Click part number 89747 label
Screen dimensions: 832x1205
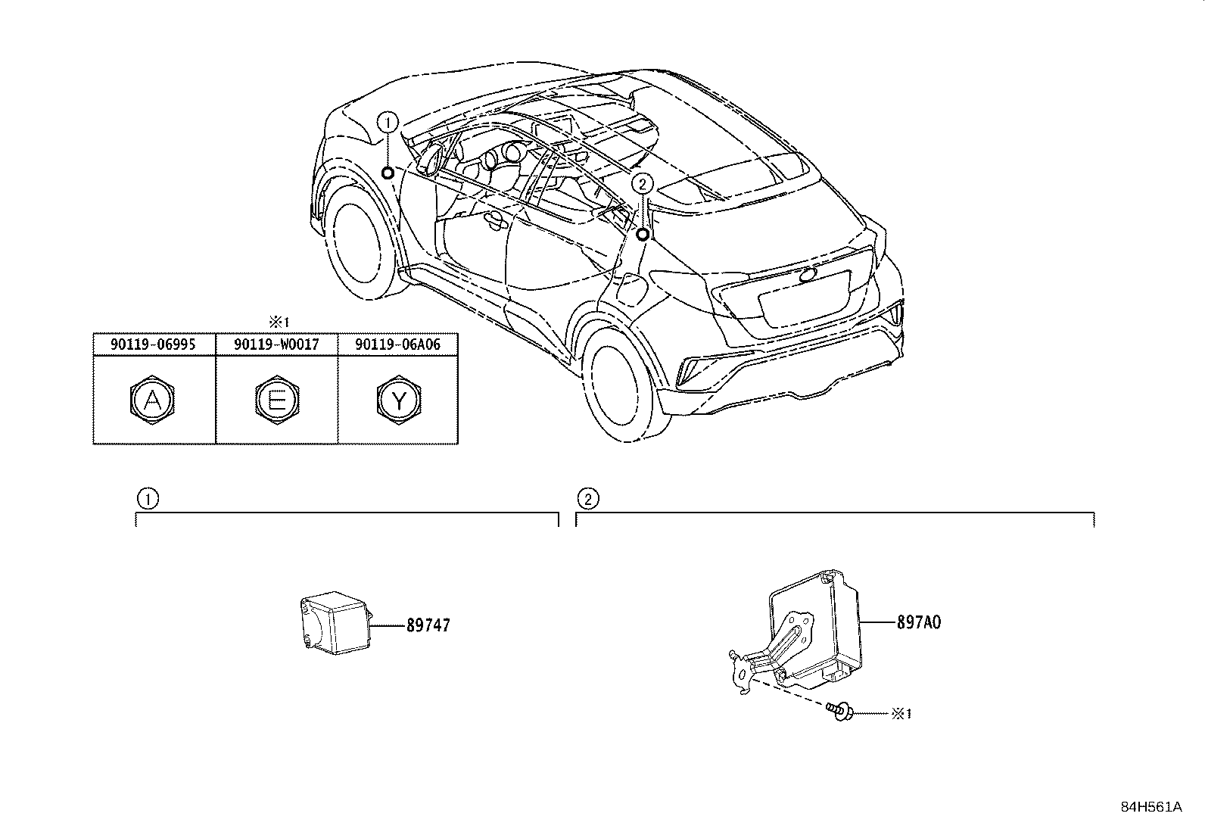[428, 625]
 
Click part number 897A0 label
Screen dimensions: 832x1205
[919, 622]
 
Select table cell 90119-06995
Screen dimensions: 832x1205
[154, 344]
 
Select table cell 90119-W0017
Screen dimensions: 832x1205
[276, 344]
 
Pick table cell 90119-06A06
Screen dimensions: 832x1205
[397, 344]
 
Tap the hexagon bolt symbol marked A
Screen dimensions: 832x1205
[153, 400]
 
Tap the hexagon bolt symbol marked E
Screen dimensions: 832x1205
[276, 400]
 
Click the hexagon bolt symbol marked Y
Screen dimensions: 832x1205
[398, 400]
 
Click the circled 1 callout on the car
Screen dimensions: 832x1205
[388, 121]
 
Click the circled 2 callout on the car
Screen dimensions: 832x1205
[642, 183]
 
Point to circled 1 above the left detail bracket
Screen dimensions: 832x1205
[148, 498]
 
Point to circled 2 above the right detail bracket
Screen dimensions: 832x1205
[587, 498]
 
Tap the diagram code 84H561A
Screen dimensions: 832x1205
[1151, 807]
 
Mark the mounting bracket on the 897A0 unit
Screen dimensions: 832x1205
[780, 651]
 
